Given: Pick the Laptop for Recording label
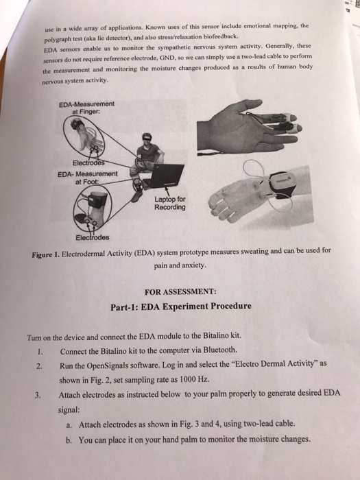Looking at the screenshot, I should click(x=169, y=204).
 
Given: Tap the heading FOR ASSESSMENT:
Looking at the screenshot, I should click(x=181, y=291).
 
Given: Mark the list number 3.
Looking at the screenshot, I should click(x=39, y=394).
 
